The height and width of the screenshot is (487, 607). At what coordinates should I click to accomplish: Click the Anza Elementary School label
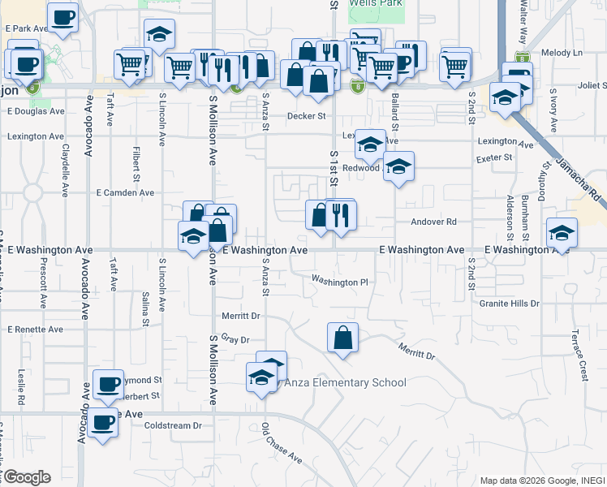point(343,382)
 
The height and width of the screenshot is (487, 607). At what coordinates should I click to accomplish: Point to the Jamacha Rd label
point(577,179)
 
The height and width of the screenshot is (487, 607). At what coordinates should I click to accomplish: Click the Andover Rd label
point(434,222)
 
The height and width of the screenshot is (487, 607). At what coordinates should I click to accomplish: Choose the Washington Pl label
point(340,282)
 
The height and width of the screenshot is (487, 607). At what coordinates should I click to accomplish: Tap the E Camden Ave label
point(125,193)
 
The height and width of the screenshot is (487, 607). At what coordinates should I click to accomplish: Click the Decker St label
point(306,116)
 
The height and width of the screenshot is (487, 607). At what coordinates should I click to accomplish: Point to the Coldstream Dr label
point(173,425)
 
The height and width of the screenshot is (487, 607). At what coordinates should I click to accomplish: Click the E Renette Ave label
point(34,330)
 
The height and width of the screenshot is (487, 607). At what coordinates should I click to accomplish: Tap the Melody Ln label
point(567,53)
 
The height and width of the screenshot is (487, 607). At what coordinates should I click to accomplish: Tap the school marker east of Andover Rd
point(562,234)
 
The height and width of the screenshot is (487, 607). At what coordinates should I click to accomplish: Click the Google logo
point(26,477)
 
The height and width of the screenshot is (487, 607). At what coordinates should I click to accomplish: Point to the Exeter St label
point(494,157)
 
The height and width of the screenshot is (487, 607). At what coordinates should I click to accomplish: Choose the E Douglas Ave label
point(34,111)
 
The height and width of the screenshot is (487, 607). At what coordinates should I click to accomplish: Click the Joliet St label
point(592,84)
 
